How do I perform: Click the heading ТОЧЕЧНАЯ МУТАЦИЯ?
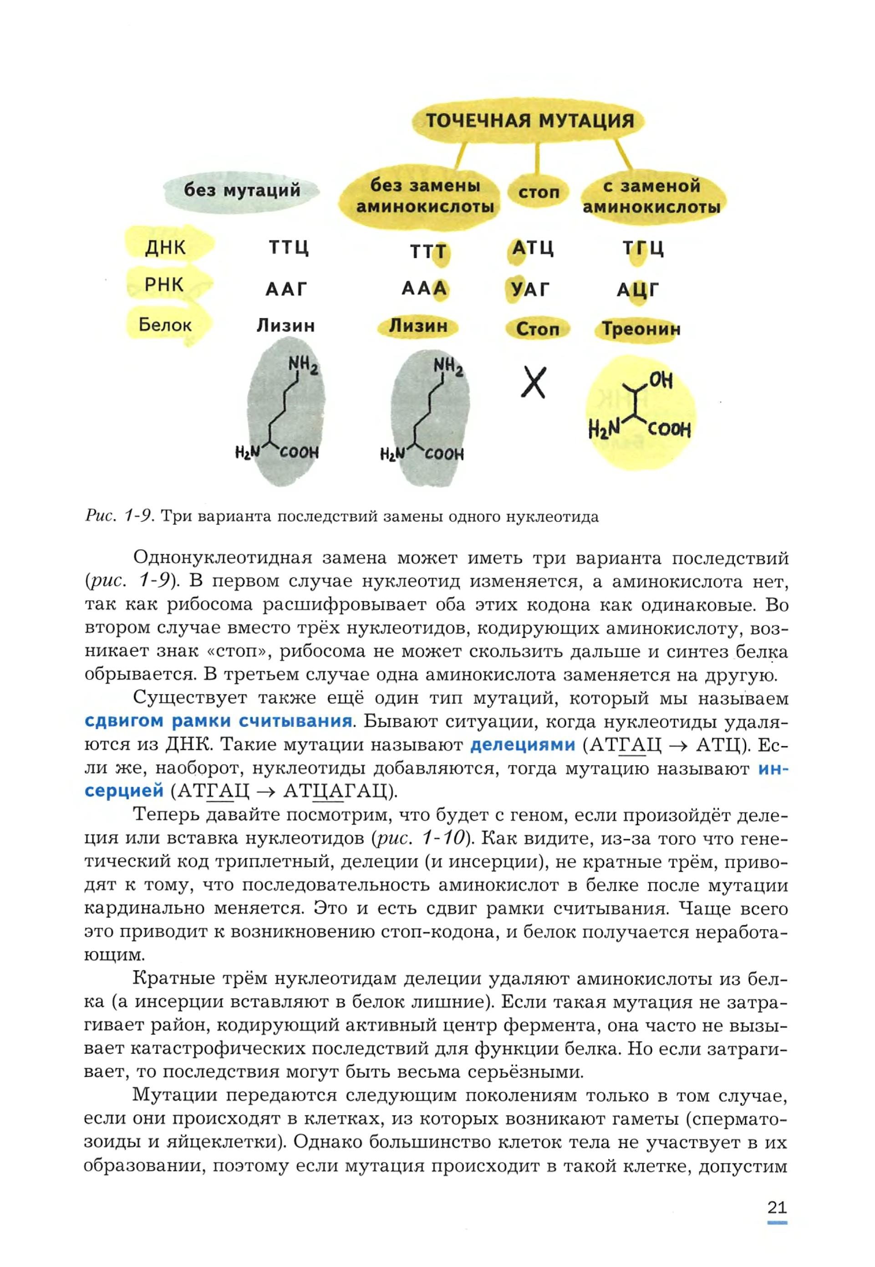tap(529, 120)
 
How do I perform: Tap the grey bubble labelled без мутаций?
tap(242, 190)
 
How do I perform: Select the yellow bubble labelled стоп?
tap(539, 192)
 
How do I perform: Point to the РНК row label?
tap(164, 285)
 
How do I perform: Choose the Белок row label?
tap(164, 325)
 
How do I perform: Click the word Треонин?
tap(641, 329)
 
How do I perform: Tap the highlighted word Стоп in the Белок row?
tap(537, 329)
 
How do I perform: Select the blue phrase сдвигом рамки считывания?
tap(218, 720)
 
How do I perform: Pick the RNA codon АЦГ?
tap(638, 289)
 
